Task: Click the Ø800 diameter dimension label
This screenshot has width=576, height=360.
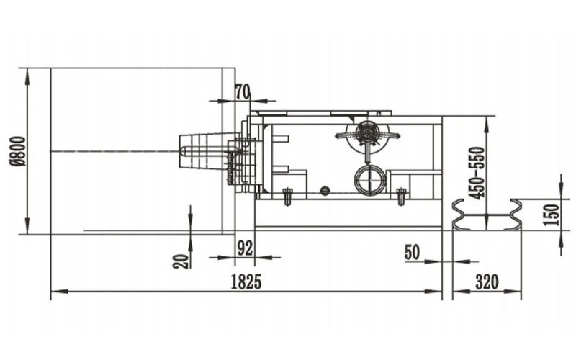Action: point(17,151)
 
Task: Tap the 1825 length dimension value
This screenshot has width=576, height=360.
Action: point(246,282)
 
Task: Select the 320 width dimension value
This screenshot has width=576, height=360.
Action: point(487,282)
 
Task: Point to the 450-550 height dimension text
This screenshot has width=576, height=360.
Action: point(477,173)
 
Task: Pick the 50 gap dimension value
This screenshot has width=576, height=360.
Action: point(412,253)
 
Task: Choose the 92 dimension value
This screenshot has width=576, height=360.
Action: point(245,248)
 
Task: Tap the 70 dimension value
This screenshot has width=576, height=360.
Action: point(243,92)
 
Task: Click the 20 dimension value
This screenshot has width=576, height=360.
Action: point(181,261)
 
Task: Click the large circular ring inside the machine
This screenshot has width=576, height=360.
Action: point(370,180)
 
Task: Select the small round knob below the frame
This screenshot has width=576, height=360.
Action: point(325,191)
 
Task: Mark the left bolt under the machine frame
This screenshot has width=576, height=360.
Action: point(287,197)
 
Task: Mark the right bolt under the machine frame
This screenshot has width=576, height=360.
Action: point(402,197)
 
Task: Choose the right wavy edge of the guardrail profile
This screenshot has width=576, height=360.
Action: point(515,215)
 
